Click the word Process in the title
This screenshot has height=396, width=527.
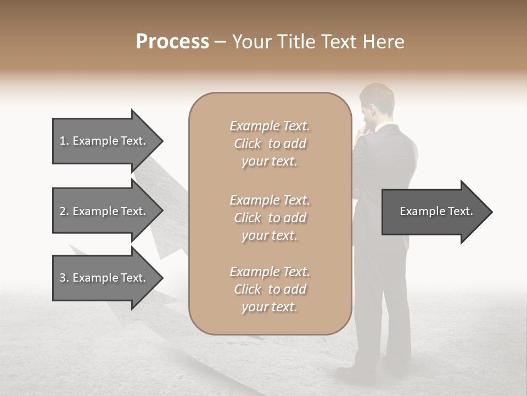172,42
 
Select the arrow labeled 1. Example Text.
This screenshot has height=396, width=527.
104,141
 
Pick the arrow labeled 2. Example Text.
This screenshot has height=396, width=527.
104,211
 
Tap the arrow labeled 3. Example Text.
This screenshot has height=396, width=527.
104,278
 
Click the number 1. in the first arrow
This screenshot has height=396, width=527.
64,141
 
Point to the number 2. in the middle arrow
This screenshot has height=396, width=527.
64,211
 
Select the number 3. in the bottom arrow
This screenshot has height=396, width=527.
64,278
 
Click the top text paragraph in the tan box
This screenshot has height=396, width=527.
270,144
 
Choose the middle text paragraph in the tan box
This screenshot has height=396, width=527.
270,218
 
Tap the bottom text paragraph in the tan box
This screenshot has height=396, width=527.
270,289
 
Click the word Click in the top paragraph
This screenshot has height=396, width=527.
248,144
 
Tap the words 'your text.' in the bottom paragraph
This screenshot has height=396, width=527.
270,307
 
